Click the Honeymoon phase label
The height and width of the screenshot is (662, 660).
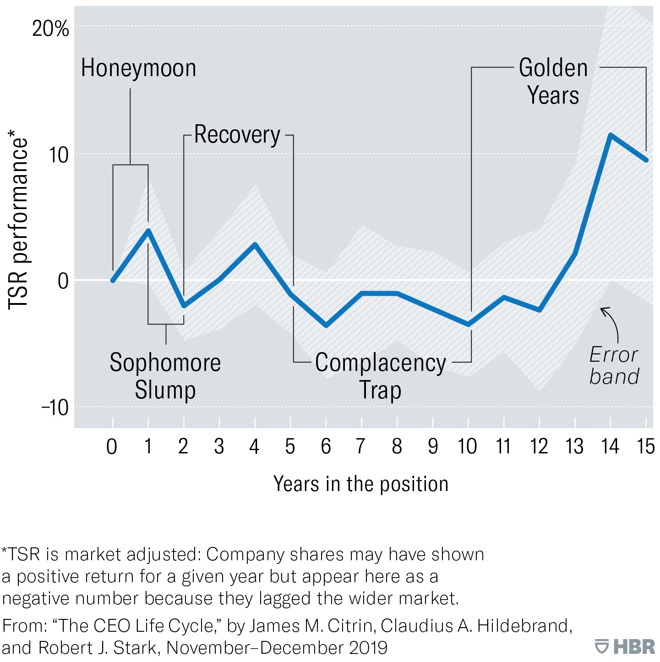(138, 68)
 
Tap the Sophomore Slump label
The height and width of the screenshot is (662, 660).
(165, 376)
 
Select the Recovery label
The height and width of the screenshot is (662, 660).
(237, 135)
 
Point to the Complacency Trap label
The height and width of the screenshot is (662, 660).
(380, 376)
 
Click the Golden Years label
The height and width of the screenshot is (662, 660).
(553, 82)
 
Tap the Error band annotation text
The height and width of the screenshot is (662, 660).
(614, 365)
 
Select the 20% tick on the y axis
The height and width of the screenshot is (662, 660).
(50, 29)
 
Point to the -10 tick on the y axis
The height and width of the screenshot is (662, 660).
(55, 407)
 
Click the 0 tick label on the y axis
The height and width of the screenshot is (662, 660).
(63, 281)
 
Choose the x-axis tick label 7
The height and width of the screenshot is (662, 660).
(361, 446)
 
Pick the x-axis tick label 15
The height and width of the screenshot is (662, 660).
(645, 446)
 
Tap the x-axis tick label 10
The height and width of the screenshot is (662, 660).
(467, 446)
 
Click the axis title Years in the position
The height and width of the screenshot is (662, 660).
(361, 484)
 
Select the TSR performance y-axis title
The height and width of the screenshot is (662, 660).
(18, 220)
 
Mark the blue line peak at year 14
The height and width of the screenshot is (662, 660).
(611, 135)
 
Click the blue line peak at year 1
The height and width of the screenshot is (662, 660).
(148, 230)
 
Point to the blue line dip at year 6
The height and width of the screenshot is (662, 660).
(326, 325)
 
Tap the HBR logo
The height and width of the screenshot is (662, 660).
(626, 647)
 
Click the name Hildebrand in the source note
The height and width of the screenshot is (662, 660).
(523, 626)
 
